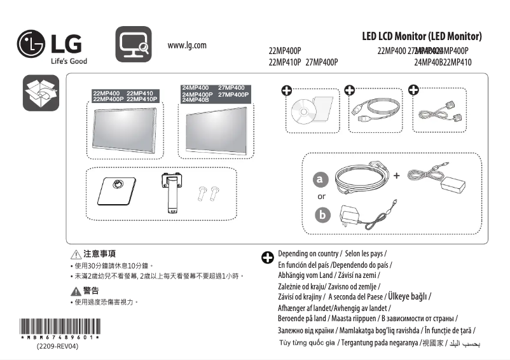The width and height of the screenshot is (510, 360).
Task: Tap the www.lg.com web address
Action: click(x=187, y=46)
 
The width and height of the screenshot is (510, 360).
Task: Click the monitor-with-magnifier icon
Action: click(x=134, y=45)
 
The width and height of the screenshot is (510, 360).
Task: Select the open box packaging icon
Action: click(x=40, y=93)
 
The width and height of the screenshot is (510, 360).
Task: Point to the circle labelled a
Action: click(x=322, y=180)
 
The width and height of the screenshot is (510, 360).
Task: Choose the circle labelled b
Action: click(x=322, y=216)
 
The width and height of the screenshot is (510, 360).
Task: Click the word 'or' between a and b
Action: click(x=322, y=197)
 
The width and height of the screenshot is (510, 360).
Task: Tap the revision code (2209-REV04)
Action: click(x=57, y=347)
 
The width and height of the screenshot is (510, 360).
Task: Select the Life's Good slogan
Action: click(x=69, y=61)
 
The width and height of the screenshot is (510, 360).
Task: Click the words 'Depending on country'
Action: click(x=308, y=254)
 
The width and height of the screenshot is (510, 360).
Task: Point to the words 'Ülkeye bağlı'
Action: click(x=408, y=296)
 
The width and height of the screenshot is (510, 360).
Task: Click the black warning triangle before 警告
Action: click(x=76, y=291)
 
